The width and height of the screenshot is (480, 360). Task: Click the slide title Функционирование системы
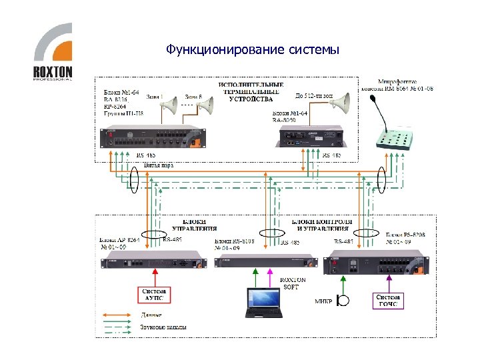click(x=253, y=50)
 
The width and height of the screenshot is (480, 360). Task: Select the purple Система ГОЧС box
click(x=387, y=301)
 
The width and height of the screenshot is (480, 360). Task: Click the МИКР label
click(x=323, y=301)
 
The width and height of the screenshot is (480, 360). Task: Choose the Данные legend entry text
click(x=150, y=314)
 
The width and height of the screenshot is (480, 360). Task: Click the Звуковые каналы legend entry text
click(x=163, y=327)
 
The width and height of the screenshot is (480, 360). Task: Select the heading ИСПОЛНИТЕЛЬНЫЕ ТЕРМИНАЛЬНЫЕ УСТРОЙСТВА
click(x=251, y=92)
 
